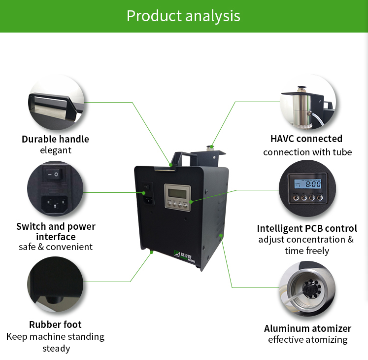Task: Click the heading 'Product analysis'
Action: (183, 16)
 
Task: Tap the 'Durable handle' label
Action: (55, 139)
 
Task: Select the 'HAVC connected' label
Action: (306, 139)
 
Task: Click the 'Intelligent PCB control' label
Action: (306, 228)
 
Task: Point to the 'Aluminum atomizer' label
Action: (307, 328)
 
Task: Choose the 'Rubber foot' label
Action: (55, 324)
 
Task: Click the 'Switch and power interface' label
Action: (56, 232)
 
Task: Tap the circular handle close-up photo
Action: (55, 102)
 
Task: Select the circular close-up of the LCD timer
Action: (307, 190)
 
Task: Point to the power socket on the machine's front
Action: (146, 199)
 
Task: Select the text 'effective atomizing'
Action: (307, 340)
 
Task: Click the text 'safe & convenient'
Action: (56, 247)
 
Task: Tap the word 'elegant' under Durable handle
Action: (56, 150)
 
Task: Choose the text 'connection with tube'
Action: (307, 152)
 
